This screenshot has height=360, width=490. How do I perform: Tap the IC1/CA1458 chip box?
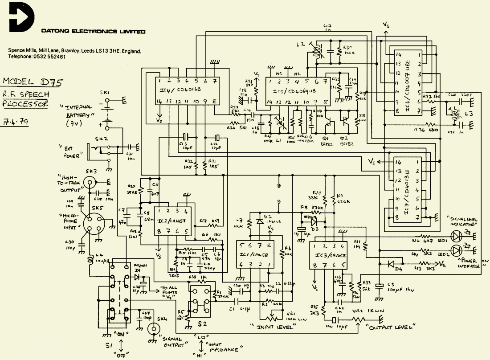point(254,254)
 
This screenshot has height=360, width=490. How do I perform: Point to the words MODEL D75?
point(33,82)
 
